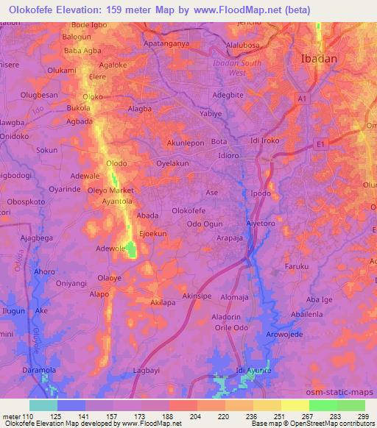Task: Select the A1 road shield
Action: click(303, 98)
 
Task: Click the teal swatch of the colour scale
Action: click(43, 405)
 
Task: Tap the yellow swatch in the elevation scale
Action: click(295, 405)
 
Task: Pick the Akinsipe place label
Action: click(197, 296)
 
